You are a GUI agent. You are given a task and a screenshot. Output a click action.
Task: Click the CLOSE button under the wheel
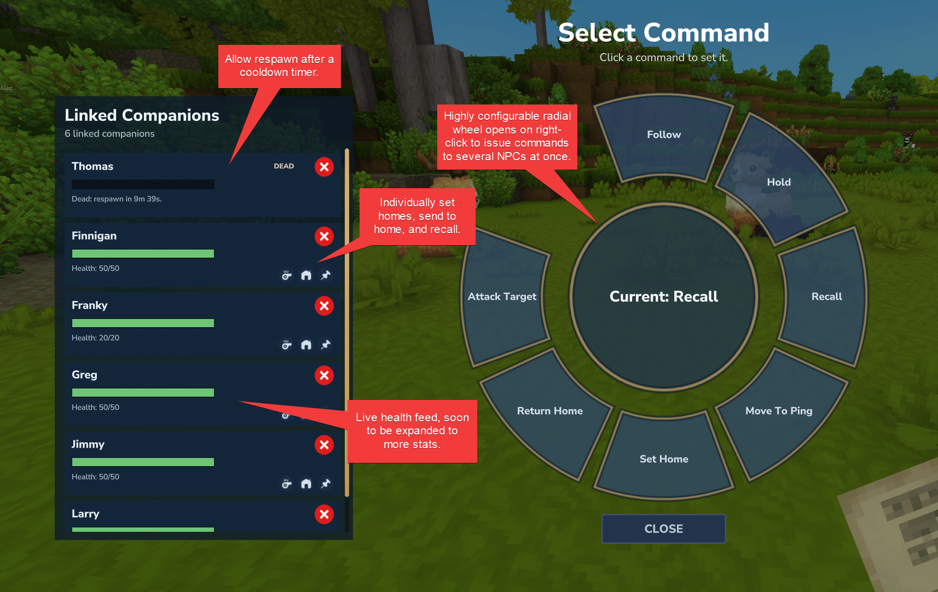663,529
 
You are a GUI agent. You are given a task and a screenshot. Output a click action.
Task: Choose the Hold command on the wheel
779,182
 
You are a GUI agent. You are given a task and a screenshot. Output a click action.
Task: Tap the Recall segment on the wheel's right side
826,297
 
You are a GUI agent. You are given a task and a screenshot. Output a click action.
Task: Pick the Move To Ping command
779,411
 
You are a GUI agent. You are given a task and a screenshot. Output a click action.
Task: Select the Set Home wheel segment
664,459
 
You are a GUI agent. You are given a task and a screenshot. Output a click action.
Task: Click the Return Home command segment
549,411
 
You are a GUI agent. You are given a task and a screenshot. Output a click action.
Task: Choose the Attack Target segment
502,297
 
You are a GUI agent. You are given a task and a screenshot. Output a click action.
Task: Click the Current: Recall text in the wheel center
664,297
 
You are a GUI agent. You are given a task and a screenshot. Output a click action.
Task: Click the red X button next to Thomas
324,167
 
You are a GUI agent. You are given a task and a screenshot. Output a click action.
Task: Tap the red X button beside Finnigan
324,236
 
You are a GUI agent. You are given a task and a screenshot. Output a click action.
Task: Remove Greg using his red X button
324,375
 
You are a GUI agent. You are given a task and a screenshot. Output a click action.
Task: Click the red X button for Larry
324,514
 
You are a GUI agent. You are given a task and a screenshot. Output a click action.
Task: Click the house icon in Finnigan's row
306,275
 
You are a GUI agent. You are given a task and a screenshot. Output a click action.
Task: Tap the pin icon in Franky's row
326,345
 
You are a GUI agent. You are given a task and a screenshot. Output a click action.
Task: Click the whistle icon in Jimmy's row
286,484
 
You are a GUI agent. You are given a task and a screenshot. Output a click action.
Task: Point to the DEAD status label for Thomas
283,166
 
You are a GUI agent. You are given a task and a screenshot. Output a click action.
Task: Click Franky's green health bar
143,323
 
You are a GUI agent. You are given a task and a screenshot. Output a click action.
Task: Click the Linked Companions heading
142,115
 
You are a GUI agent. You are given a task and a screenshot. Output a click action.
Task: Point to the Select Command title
663,33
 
